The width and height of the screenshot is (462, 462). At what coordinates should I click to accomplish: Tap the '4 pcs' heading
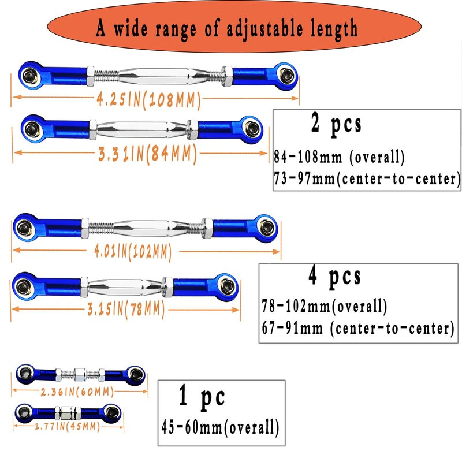(335, 277)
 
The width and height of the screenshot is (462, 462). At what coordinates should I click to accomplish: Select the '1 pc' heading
(202, 397)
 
